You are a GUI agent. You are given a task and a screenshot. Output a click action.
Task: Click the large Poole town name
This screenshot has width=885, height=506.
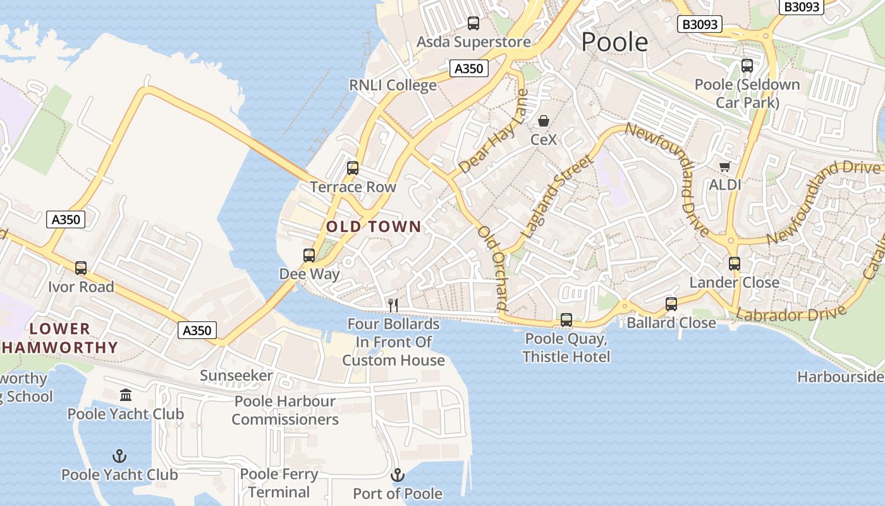point(614,42)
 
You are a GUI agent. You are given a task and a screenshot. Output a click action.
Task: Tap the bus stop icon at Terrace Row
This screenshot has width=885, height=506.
point(353,168)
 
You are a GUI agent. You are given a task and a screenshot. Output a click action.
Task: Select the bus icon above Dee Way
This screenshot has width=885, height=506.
point(309,256)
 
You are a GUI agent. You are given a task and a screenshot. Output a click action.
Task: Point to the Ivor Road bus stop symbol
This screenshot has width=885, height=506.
point(81,268)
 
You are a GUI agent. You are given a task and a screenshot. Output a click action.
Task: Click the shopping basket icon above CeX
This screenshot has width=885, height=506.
point(544,121)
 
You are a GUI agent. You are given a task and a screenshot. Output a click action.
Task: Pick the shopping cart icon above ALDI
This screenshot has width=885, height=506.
point(724,166)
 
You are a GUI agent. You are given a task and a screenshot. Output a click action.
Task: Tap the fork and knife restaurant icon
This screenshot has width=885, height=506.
point(393,305)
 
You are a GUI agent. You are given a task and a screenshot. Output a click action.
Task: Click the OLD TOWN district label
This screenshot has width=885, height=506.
point(374,226)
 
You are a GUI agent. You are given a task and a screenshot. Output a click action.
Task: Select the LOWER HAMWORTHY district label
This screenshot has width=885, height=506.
point(60,338)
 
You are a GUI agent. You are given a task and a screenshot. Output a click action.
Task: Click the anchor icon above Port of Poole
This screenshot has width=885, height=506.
point(398,474)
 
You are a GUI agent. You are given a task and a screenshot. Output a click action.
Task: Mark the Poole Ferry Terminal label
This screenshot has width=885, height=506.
point(279,483)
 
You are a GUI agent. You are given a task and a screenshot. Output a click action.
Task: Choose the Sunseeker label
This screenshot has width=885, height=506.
point(236,376)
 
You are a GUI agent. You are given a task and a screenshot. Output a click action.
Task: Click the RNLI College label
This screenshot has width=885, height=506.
point(393,85)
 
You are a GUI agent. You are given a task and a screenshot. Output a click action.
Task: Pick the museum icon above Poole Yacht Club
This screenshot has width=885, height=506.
point(126,395)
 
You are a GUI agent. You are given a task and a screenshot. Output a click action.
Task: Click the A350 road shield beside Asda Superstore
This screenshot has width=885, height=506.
point(468,68)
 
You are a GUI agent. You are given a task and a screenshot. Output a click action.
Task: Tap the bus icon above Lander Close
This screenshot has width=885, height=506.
point(734,264)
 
